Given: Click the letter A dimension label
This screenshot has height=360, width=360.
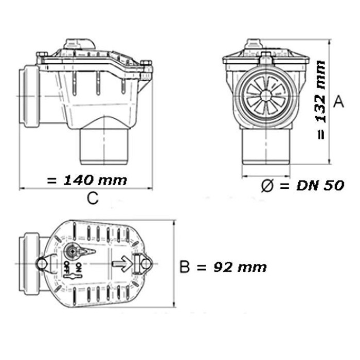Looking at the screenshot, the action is pos(338,102).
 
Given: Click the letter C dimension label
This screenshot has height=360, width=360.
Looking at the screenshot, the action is pos(93,198).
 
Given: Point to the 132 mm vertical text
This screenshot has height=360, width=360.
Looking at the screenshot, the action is pos(321,92).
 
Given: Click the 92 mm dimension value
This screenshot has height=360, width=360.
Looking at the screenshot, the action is pos(240,267).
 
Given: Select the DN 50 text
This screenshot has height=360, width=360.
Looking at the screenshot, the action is pos(320,186).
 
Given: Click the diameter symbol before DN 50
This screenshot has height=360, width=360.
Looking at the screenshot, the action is pos(267,186).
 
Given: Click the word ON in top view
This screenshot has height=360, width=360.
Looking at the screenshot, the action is pos(79,267).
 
